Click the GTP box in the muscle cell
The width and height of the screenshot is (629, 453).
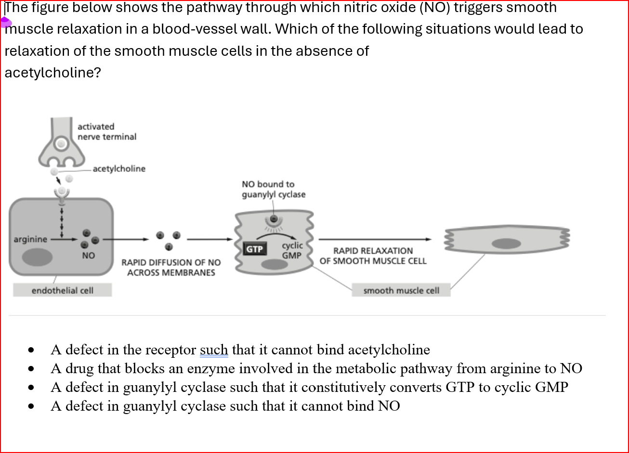coord(254,249)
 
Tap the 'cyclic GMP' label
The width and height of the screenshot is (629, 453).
coord(292,251)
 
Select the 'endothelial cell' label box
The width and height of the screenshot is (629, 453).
coord(63,290)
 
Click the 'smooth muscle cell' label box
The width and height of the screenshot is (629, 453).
coord(401,290)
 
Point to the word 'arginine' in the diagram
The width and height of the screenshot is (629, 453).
coord(30,239)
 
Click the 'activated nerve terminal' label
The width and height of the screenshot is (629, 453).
coord(106,131)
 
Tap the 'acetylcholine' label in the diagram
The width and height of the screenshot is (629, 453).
coord(119,169)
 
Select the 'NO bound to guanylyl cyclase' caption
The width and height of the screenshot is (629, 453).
coord(273,189)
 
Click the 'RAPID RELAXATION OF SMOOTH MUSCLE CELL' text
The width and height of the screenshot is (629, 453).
coord(373,256)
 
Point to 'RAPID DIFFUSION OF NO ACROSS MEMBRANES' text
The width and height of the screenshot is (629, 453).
coord(171,267)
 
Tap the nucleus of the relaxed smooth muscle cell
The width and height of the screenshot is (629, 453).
coord(506,243)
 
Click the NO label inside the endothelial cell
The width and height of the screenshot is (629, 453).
coord(88,255)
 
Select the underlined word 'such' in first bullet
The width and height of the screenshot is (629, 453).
coord(214,350)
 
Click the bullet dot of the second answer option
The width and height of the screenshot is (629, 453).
coord(31,369)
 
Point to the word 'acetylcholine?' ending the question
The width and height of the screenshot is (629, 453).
coord(52,73)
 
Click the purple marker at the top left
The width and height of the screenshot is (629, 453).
coord(5,22)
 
